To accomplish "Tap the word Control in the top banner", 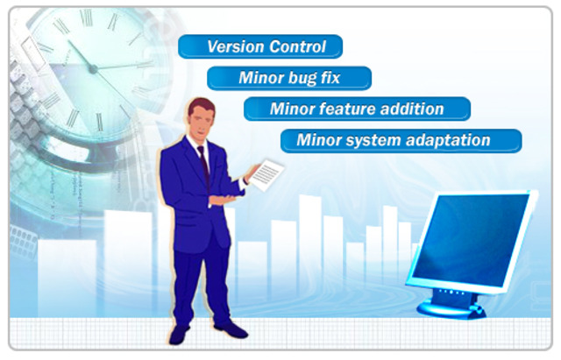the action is click(297, 46).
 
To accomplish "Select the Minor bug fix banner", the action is click(289, 78).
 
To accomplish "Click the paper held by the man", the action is click(266, 175).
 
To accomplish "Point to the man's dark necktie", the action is click(203, 166).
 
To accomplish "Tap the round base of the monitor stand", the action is click(451, 308).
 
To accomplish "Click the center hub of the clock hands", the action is click(93, 69).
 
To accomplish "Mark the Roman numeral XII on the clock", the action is click(86, 18).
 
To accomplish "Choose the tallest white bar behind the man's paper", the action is click(310, 251).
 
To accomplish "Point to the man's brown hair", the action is click(201, 106).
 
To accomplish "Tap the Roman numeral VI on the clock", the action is click(99, 122).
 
